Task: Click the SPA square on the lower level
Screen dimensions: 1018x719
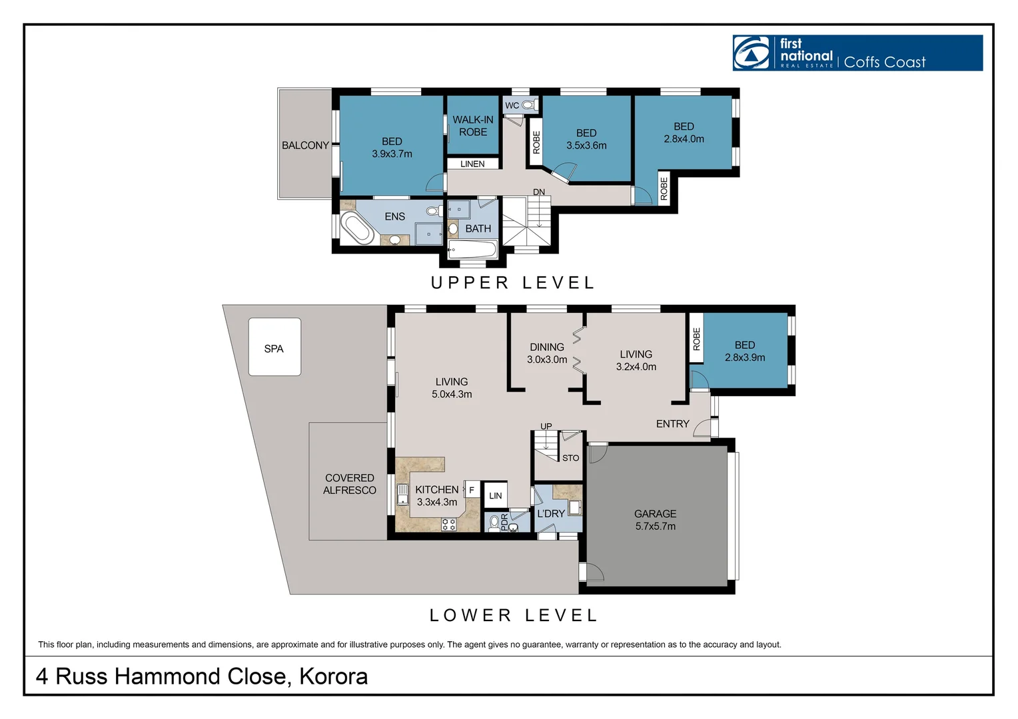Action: [274, 347]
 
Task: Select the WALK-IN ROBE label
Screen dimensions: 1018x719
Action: [472, 126]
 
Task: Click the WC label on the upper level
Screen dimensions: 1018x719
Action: [512, 105]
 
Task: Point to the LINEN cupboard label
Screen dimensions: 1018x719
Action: [472, 164]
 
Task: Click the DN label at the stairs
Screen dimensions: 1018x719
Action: [539, 192]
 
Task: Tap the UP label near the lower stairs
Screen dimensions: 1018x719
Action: [546, 426]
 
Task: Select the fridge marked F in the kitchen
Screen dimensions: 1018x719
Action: [472, 489]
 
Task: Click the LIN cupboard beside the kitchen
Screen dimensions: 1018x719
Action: [496, 495]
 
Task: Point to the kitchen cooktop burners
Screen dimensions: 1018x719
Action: [448, 525]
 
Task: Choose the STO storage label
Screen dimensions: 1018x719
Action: [570, 458]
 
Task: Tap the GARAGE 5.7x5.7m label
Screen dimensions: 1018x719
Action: [656, 520]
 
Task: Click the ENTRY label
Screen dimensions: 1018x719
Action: [673, 424]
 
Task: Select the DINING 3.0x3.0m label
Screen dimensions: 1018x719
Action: [547, 354]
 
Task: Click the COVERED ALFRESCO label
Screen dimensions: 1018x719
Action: [350, 484]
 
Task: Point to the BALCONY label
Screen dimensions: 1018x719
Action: [305, 145]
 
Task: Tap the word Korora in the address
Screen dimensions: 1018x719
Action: [333, 676]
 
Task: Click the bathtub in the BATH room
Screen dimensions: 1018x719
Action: [472, 250]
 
